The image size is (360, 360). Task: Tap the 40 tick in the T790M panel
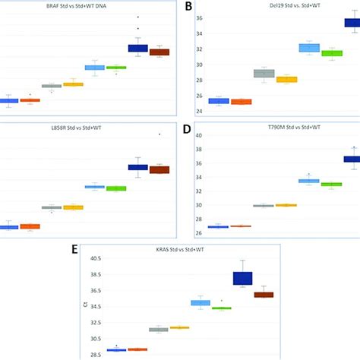tap(200, 136)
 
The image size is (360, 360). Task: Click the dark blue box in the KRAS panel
tap(242, 278)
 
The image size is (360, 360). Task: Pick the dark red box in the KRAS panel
tap(264, 295)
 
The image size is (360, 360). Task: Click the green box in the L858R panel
tap(116, 188)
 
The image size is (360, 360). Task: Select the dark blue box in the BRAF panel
tap(137, 49)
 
